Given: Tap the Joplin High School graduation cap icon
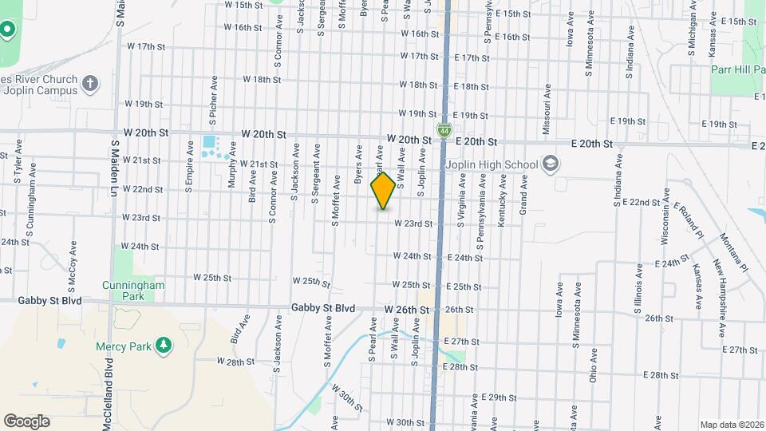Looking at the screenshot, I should coord(549,164).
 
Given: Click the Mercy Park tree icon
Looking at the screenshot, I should coord(164,344).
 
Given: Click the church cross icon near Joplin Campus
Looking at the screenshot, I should coord(90,82).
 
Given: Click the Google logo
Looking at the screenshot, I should coord(26,421).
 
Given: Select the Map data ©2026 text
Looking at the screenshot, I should coord(732,425).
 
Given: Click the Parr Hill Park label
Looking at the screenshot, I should coord(737,69).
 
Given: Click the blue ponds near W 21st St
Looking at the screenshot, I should coord(210,146).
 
